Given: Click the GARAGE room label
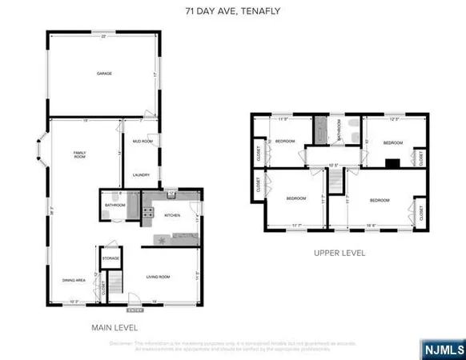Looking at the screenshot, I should (104, 74).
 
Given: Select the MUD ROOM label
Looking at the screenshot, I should (143, 141).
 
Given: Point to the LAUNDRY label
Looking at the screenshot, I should (143, 175).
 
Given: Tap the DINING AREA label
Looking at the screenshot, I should (74, 280).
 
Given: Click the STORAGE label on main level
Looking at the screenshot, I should (110, 258).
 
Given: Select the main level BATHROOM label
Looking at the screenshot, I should (114, 206).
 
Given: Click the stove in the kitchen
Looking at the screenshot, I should (149, 212).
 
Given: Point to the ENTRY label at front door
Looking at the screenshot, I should (134, 309).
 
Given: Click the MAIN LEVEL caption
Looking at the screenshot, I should (116, 328).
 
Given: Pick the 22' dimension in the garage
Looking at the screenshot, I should (103, 37).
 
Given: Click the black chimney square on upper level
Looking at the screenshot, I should (392, 164).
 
